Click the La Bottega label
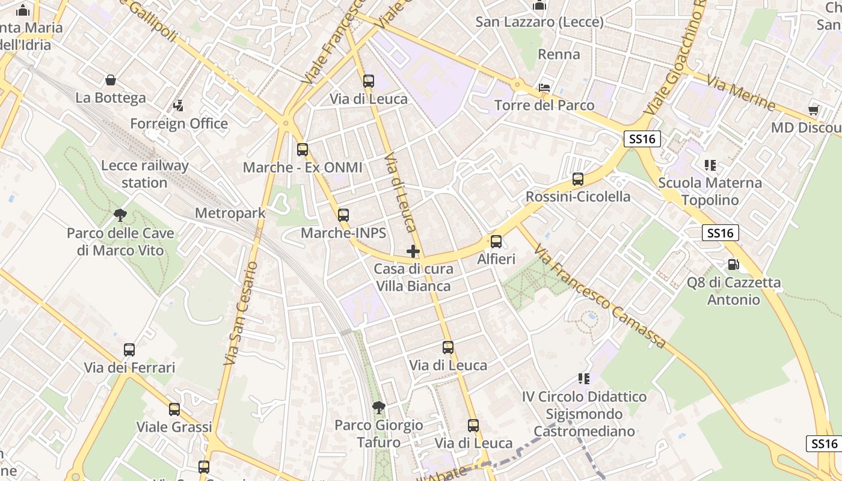(x=111, y=97)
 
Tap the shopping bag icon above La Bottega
(x=111, y=80)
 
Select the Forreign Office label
(x=179, y=124)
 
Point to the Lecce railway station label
(x=145, y=174)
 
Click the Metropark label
(x=230, y=213)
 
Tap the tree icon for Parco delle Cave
(x=120, y=215)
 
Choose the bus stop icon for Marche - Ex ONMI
(x=303, y=150)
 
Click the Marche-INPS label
(x=343, y=233)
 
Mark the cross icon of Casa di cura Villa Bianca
(x=413, y=251)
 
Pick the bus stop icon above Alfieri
(x=496, y=242)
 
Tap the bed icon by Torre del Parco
(x=544, y=88)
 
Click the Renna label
(x=559, y=55)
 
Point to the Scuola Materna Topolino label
(x=710, y=191)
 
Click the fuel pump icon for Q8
(x=733, y=264)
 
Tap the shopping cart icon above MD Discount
(x=813, y=110)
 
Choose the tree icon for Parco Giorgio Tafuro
(x=379, y=408)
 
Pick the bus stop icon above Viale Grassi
(x=174, y=409)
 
